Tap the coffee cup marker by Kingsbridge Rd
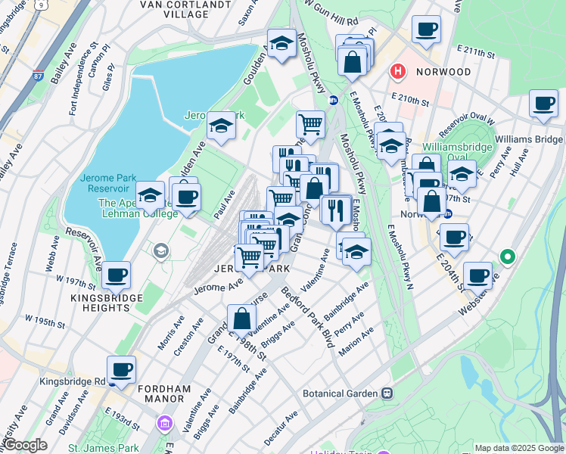[121, 370]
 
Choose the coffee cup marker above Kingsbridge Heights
[116, 275]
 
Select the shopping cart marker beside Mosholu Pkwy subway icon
[310, 123]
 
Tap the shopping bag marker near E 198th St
[241, 318]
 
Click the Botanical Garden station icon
[387, 393]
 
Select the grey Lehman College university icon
[160, 250]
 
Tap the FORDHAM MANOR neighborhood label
[164, 394]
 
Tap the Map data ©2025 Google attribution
[519, 448]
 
